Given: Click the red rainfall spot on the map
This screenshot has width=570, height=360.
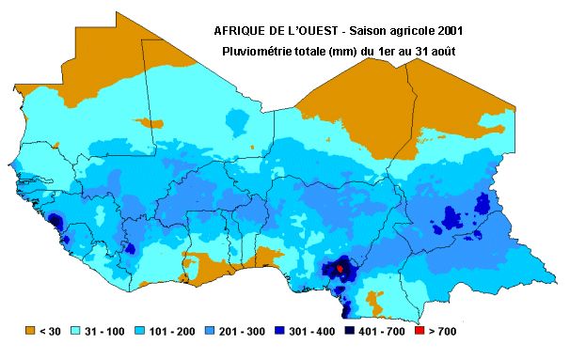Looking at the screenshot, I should pyautogui.click(x=340, y=269).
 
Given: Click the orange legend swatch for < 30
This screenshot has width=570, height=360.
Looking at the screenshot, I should pyautogui.click(x=30, y=330).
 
